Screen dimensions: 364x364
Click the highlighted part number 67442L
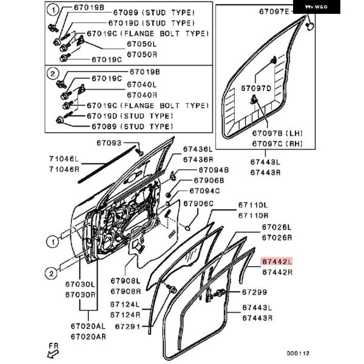[277, 261]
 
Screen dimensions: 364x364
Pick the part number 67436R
[198, 159]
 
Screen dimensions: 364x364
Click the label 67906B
[209, 180]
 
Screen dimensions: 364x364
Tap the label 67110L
[252, 205]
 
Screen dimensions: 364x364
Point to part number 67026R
[277, 238]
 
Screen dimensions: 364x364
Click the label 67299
[254, 292]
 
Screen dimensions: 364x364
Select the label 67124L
[125, 304]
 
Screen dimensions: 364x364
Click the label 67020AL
[88, 326]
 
